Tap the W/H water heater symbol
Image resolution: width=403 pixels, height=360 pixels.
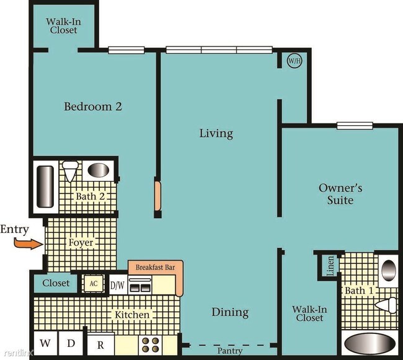[x=293, y=61]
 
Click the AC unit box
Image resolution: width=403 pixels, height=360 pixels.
[x=94, y=284]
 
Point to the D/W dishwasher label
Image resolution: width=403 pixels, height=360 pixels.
[x=117, y=286]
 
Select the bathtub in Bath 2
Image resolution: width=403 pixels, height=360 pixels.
[x=45, y=186]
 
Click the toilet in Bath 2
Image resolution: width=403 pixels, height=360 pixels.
[x=71, y=170]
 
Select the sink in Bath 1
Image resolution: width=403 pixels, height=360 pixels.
[x=387, y=270]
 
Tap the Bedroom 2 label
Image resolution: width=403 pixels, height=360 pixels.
[x=93, y=107]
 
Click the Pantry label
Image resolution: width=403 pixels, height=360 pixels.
[x=230, y=351]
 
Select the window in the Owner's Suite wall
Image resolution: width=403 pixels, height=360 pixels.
[x=355, y=126]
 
